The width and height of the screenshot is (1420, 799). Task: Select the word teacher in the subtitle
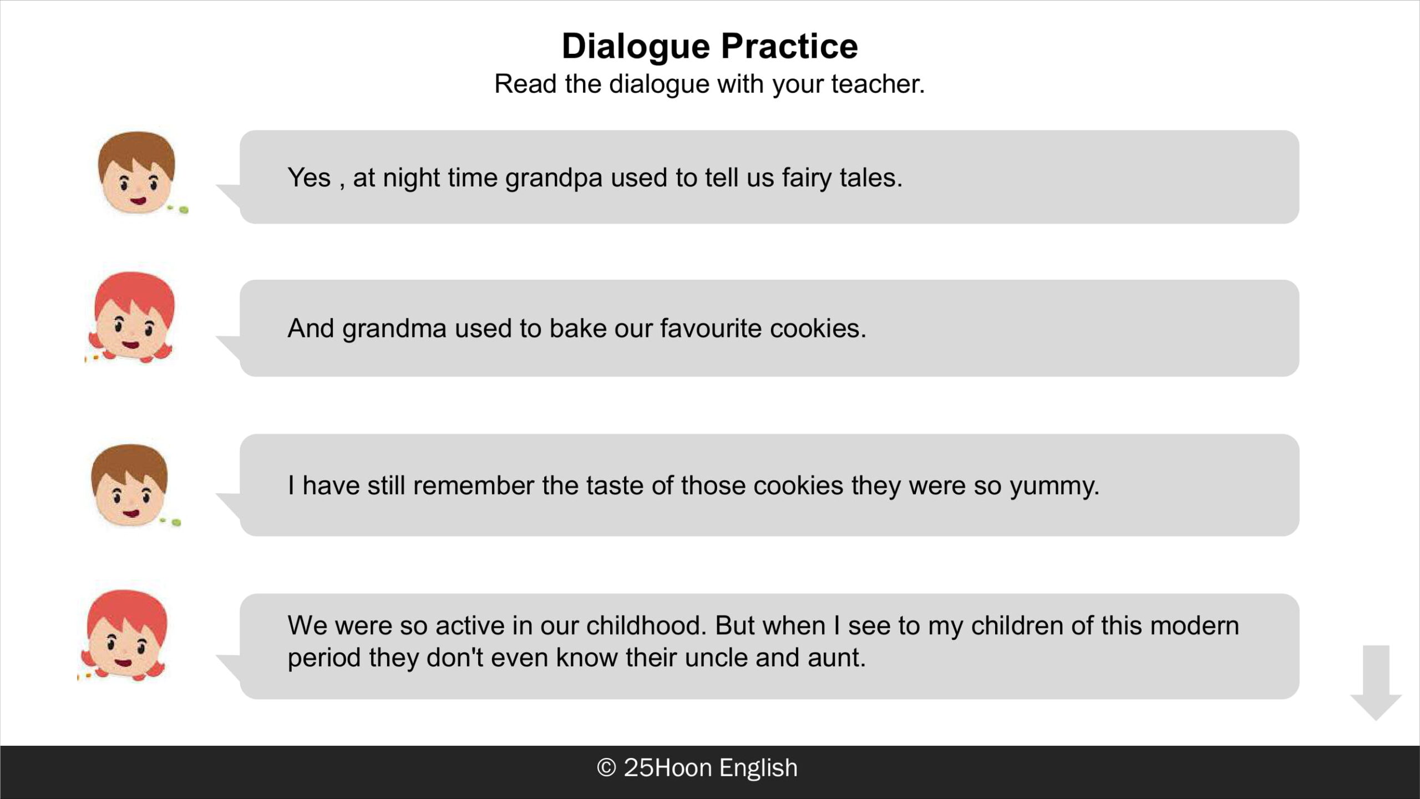[878, 84]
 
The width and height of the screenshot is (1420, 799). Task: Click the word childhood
[646, 625]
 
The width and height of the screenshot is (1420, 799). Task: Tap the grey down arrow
[1376, 683]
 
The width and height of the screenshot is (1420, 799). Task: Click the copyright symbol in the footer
[606, 768]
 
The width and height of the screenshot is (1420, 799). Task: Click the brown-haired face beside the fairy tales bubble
[137, 173]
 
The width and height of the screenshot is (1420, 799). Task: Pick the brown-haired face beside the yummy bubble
[130, 485]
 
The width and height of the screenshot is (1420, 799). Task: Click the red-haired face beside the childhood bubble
[125, 634]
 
